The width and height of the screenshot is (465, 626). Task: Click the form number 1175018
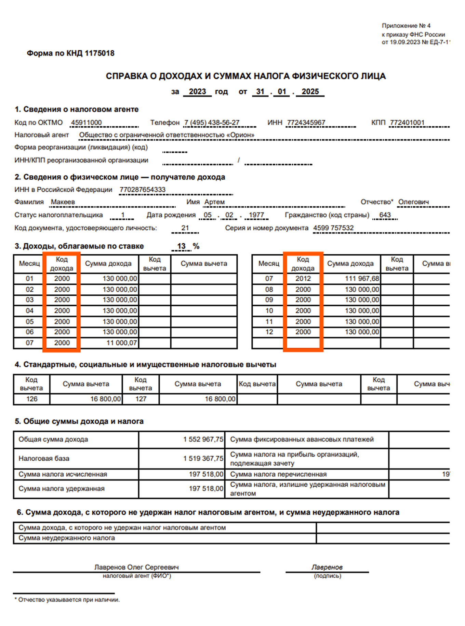99,53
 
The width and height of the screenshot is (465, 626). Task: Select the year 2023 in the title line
197,92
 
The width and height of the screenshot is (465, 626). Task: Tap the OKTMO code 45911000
86,123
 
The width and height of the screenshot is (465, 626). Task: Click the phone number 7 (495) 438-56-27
212,123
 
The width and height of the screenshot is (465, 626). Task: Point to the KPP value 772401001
407,123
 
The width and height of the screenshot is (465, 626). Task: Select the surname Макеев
63,202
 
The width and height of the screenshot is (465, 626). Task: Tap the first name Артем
214,202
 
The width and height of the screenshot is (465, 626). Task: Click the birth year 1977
256,215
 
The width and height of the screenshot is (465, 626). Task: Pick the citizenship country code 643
385,215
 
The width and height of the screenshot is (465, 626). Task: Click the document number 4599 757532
333,228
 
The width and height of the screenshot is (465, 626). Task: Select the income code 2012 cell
303,279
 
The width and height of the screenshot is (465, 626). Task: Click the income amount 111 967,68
362,279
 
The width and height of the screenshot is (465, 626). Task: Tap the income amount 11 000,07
121,343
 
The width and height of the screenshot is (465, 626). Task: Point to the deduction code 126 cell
32,399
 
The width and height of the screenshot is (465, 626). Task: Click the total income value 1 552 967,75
203,439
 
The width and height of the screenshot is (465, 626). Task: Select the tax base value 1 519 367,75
203,459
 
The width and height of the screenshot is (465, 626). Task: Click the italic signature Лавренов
327,567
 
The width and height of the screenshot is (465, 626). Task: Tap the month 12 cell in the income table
269,332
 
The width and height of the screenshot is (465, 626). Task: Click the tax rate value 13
181,246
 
